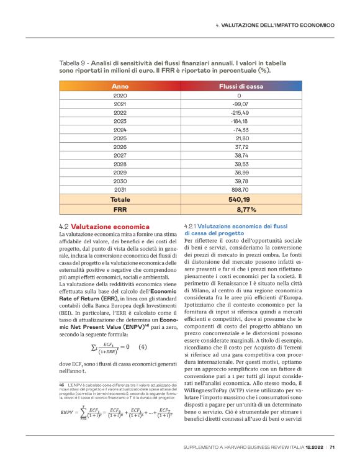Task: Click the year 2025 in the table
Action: pos(120,138)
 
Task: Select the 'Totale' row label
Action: pos(120,199)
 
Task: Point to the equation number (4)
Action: pos(142,346)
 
